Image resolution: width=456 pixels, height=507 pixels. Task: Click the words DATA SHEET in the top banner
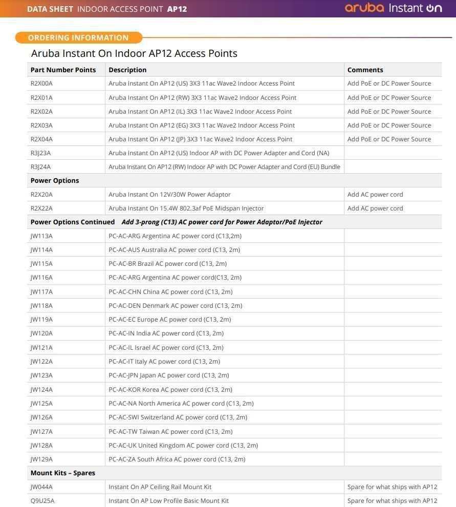tap(50, 9)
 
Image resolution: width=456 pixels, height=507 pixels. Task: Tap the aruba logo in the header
tap(364, 8)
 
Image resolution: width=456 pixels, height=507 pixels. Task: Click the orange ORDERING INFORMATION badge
tap(78, 37)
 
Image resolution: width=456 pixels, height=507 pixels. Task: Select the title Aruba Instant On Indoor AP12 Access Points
tap(134, 53)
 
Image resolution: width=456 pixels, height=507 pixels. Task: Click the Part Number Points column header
tap(63, 70)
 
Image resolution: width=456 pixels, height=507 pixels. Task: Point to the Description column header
tap(127, 70)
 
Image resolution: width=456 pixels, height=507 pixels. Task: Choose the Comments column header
tap(365, 70)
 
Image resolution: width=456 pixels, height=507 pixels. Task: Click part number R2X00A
tap(41, 83)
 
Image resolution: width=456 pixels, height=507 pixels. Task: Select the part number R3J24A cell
tap(40, 166)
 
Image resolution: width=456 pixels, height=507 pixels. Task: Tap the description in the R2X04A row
tap(200, 139)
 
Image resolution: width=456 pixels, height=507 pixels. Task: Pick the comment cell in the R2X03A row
tap(389, 125)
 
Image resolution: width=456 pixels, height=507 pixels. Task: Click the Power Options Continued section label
tap(73, 222)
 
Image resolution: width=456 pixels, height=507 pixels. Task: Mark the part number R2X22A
tap(41, 208)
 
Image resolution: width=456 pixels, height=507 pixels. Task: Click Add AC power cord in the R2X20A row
tap(375, 194)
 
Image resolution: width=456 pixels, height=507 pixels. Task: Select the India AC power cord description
tap(166, 333)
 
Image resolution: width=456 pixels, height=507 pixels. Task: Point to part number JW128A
tap(41, 445)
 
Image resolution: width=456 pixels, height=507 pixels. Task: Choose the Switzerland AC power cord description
tap(178, 417)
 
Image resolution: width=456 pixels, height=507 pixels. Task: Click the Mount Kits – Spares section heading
tap(63, 473)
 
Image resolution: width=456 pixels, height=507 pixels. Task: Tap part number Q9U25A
tap(42, 500)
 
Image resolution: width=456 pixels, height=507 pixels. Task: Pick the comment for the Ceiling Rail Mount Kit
tap(392, 487)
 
